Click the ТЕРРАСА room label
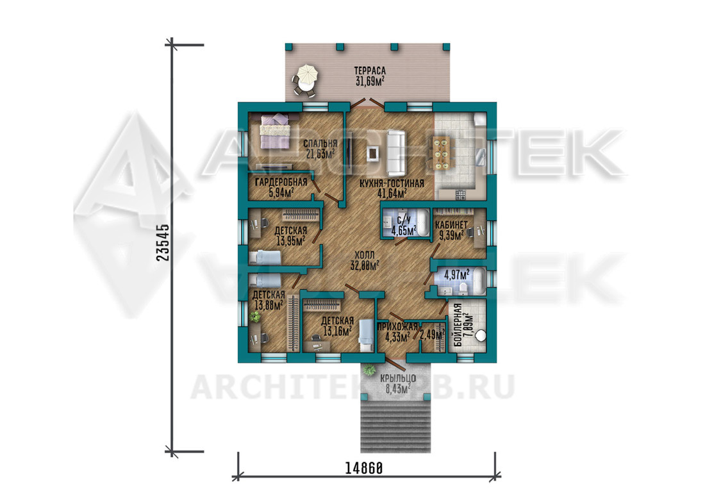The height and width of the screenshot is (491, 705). point(370,71)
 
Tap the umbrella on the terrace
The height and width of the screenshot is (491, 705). point(307,74)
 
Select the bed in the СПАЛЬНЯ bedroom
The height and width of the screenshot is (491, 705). point(274,130)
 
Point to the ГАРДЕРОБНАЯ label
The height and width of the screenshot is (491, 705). point(281,182)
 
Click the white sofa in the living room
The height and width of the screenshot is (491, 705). point(395,153)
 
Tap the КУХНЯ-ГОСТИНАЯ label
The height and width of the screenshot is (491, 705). point(392,183)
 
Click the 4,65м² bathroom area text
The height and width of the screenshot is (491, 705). point(403,231)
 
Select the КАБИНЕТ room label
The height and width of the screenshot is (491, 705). point(451,225)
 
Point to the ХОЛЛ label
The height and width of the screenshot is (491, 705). point(364,255)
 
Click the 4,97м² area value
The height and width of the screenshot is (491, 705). point(456,274)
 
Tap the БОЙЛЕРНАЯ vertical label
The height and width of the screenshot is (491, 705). point(458,324)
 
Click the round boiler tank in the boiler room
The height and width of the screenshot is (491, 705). point(481,335)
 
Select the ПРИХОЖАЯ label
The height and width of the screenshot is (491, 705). point(398,327)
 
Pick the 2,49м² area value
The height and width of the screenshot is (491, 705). point(432,335)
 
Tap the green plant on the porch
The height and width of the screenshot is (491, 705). point(370,370)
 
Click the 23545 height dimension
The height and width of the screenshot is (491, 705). point(162,243)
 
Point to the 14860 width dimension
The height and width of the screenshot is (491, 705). point(364,469)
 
